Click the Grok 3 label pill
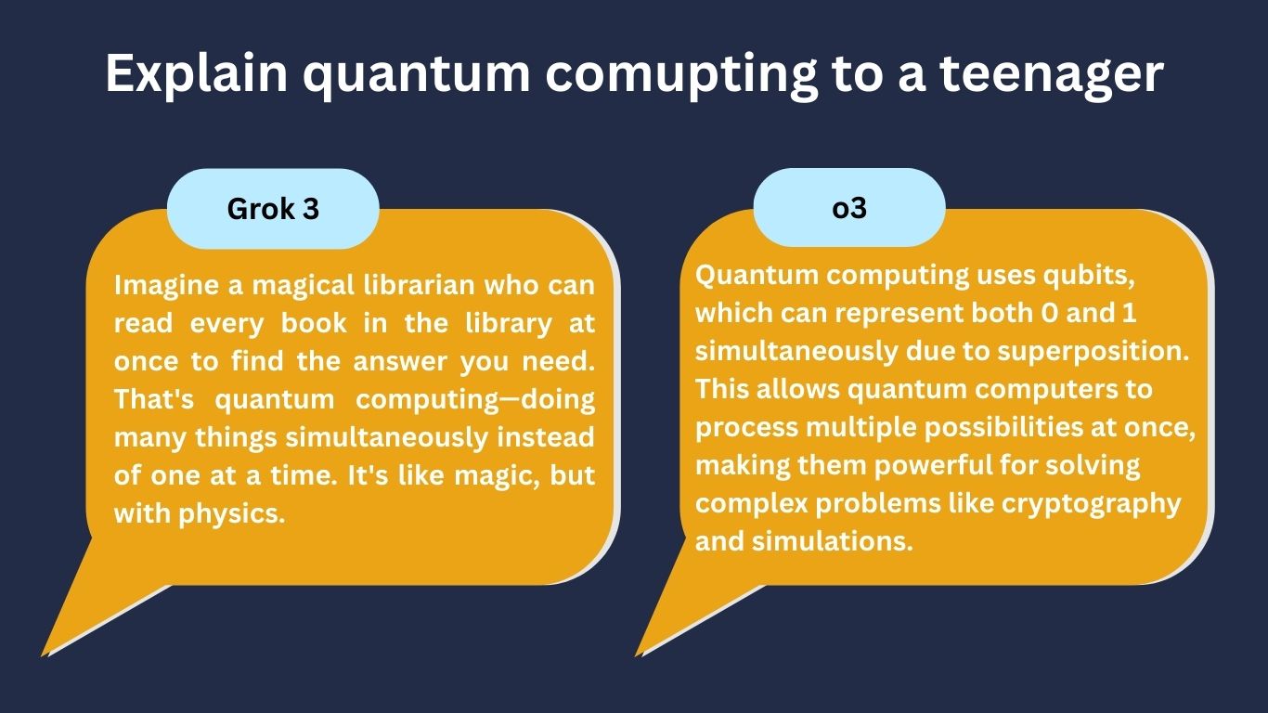pos(273,208)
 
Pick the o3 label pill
pos(849,207)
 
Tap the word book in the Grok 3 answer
pos(314,323)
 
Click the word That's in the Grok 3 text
pos(154,399)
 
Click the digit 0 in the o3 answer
pos(1050,313)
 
